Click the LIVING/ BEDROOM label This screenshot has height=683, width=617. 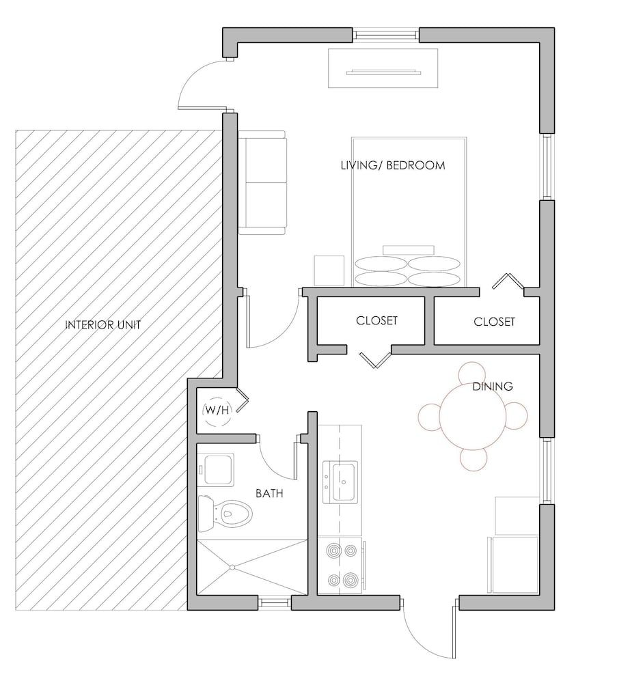click(x=393, y=165)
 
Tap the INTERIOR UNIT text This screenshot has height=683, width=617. click(x=102, y=325)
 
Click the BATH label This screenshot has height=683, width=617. click(x=270, y=492)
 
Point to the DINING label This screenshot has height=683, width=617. click(x=493, y=387)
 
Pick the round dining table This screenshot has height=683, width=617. click(x=473, y=415)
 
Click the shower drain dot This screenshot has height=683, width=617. click(x=232, y=567)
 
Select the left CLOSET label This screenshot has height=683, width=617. click(x=376, y=320)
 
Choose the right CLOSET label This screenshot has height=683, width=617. click(x=494, y=322)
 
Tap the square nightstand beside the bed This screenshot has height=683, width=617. click(x=329, y=270)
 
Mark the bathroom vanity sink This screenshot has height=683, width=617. click(x=216, y=470)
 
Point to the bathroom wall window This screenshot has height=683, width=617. click(x=275, y=602)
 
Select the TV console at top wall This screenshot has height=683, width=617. click(x=382, y=68)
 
